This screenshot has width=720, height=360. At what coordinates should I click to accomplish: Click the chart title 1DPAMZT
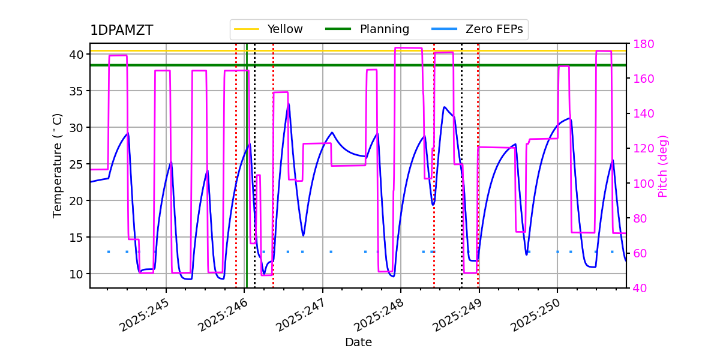(x=121, y=31)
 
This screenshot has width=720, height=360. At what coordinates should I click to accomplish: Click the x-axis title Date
(x=358, y=343)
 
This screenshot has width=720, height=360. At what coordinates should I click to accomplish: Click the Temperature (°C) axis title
(x=58, y=165)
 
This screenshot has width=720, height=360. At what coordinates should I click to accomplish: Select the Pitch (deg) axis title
(x=663, y=166)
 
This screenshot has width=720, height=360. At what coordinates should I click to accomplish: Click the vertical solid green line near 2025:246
(x=247, y=180)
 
